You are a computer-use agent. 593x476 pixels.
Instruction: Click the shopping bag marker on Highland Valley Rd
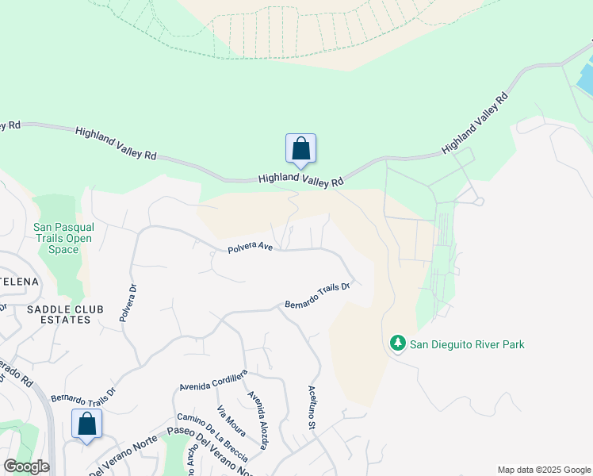(300, 148)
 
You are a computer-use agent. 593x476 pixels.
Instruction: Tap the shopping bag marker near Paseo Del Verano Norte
(86, 424)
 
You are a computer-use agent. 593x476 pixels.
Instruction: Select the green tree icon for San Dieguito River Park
(397, 344)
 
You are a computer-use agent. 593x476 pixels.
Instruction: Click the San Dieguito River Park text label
(466, 344)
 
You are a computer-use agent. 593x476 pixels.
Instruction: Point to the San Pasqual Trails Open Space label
(63, 238)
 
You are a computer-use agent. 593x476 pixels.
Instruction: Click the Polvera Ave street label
(250, 248)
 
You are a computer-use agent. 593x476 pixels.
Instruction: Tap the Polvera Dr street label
(127, 302)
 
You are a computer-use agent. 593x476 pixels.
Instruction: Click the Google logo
(26, 466)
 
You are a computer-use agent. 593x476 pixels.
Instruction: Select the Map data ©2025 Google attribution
(543, 470)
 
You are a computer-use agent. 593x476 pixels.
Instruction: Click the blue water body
(585, 78)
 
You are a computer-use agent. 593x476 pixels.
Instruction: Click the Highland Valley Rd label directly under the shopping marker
(300, 180)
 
